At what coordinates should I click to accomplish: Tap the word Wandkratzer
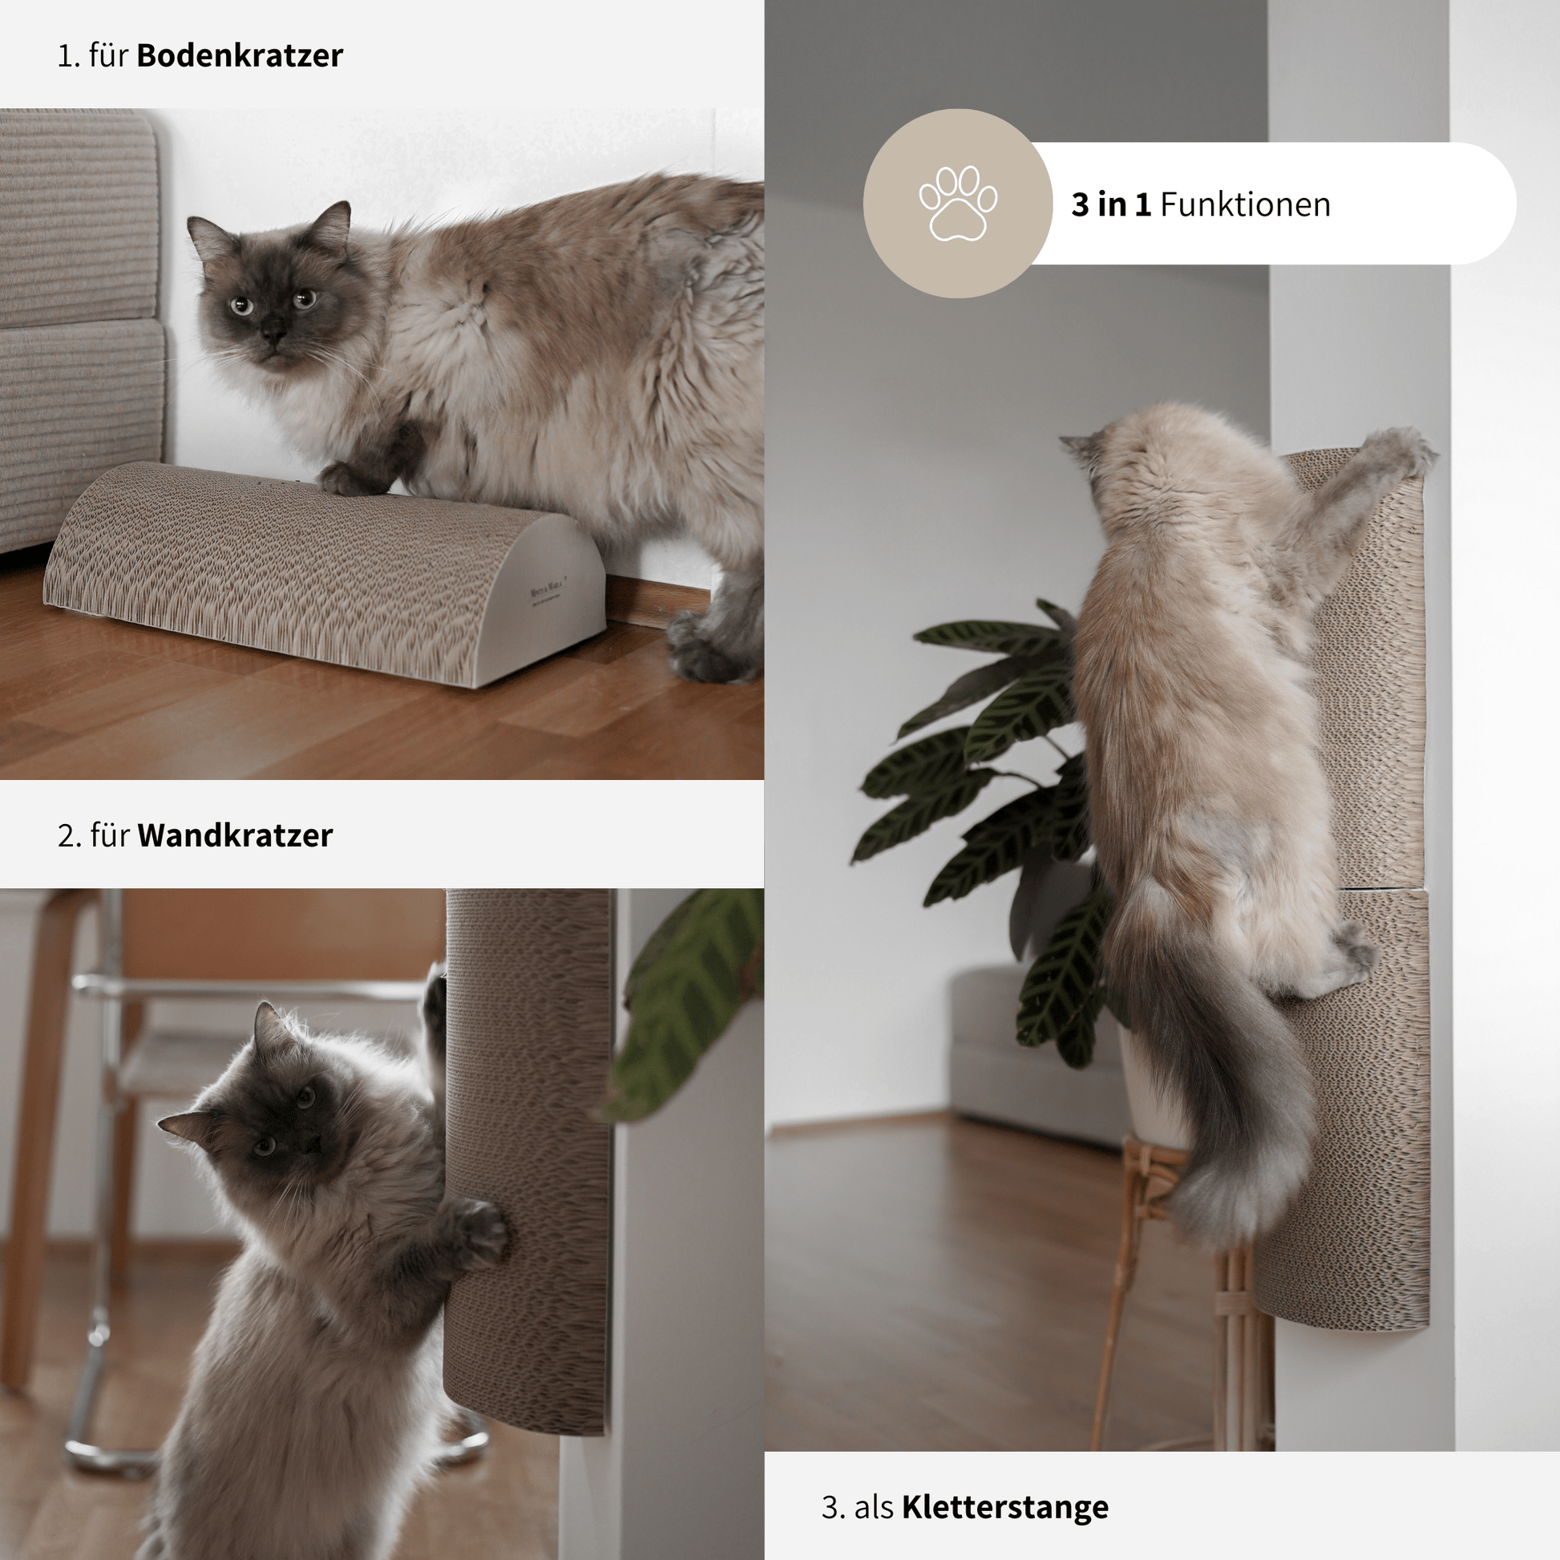[x=234, y=835]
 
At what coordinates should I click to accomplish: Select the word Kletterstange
[x=1004, y=1508]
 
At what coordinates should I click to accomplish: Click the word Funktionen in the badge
[x=1245, y=204]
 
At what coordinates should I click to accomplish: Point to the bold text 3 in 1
[x=1110, y=204]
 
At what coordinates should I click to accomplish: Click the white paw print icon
[x=958, y=204]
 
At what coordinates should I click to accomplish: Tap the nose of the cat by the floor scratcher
[x=273, y=333]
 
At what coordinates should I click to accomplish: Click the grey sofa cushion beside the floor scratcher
[x=81, y=218]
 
